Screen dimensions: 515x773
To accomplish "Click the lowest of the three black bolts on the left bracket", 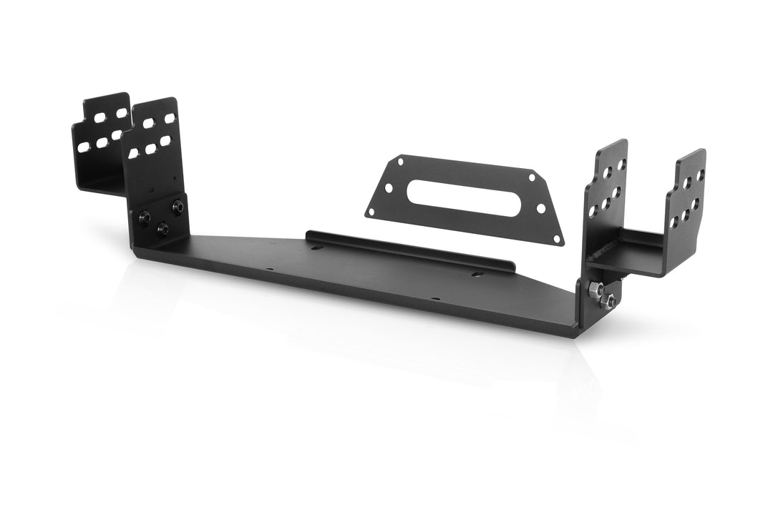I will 162,229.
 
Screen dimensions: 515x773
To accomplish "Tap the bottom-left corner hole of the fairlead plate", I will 371,211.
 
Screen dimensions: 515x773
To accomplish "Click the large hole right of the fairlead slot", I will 540,208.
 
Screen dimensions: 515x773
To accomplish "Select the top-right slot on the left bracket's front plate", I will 170,118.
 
